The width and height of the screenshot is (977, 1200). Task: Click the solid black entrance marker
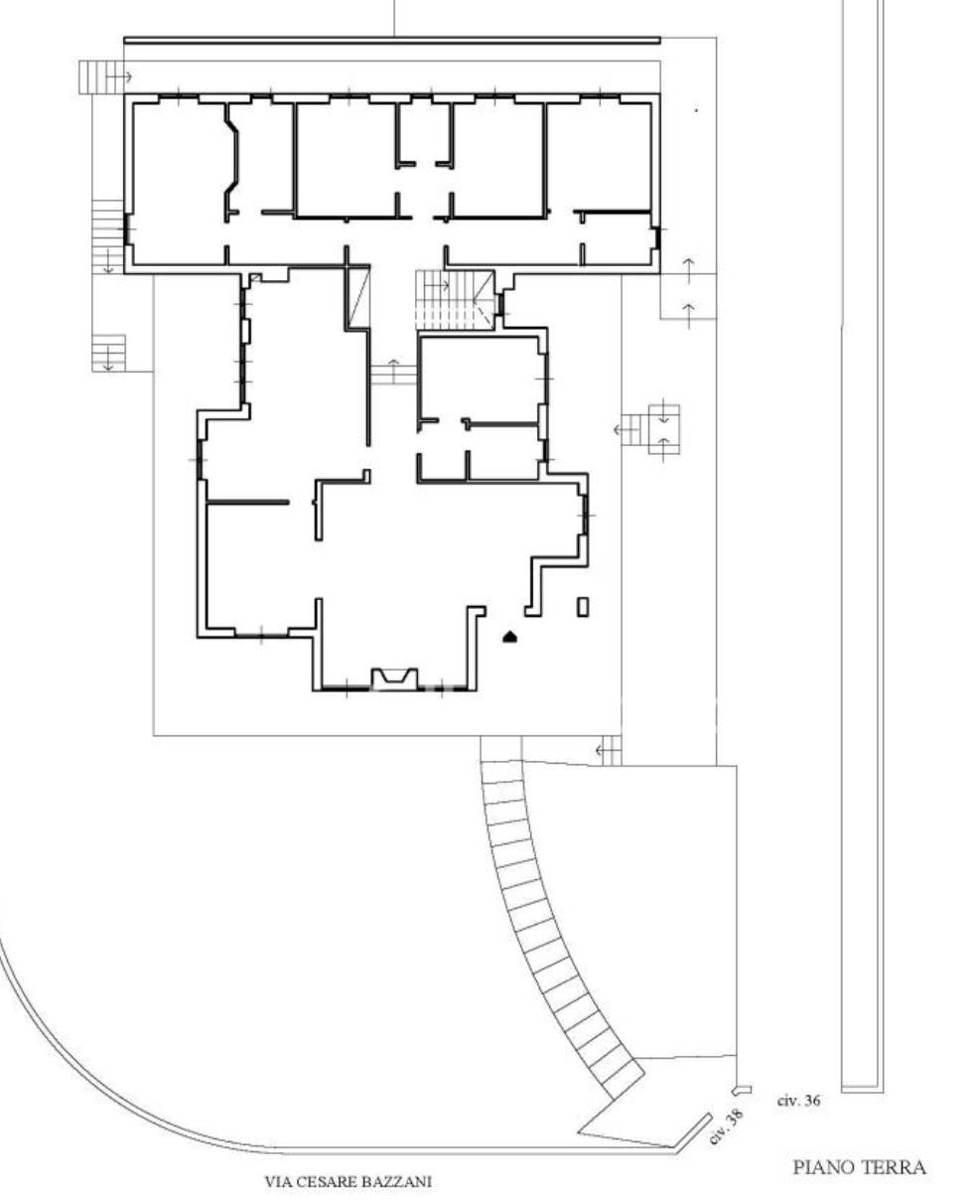click(x=510, y=636)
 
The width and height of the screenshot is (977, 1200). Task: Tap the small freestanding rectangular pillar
click(x=583, y=607)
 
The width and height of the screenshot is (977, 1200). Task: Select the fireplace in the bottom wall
click(x=394, y=677)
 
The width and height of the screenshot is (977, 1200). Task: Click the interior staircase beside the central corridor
click(x=455, y=300)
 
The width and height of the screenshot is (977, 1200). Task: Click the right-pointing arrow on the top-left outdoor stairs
click(x=120, y=76)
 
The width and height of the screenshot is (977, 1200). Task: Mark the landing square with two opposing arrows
click(x=664, y=429)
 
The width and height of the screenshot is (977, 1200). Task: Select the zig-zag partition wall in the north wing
click(x=231, y=161)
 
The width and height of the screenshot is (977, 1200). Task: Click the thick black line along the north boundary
click(x=392, y=40)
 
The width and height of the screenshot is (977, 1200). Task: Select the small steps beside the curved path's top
click(x=611, y=751)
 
